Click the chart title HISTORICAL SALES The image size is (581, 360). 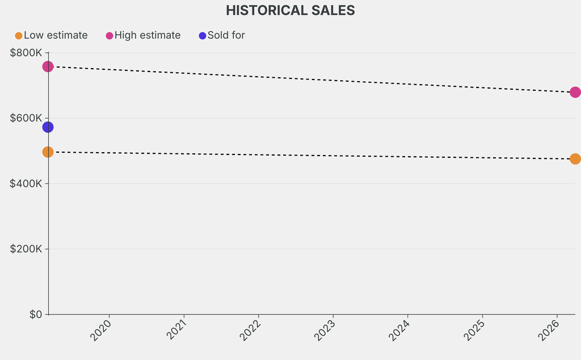click(x=290, y=10)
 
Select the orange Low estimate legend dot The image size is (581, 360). click(x=19, y=36)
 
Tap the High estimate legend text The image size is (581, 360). click(x=148, y=35)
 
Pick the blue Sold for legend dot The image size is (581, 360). click(x=203, y=36)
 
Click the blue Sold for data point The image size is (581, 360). click(x=48, y=127)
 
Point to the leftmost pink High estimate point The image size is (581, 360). click(x=48, y=66)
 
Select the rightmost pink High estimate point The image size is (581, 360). click(x=575, y=92)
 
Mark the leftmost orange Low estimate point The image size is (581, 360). click(x=48, y=152)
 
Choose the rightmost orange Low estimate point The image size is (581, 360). click(x=575, y=159)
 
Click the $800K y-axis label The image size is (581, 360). click(x=26, y=53)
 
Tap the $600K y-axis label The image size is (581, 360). click(x=26, y=118)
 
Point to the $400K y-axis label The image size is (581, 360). click(x=26, y=183)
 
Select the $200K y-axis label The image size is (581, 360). click(x=26, y=249)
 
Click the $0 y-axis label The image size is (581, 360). click(x=36, y=315)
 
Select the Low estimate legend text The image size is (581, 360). click(x=56, y=35)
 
